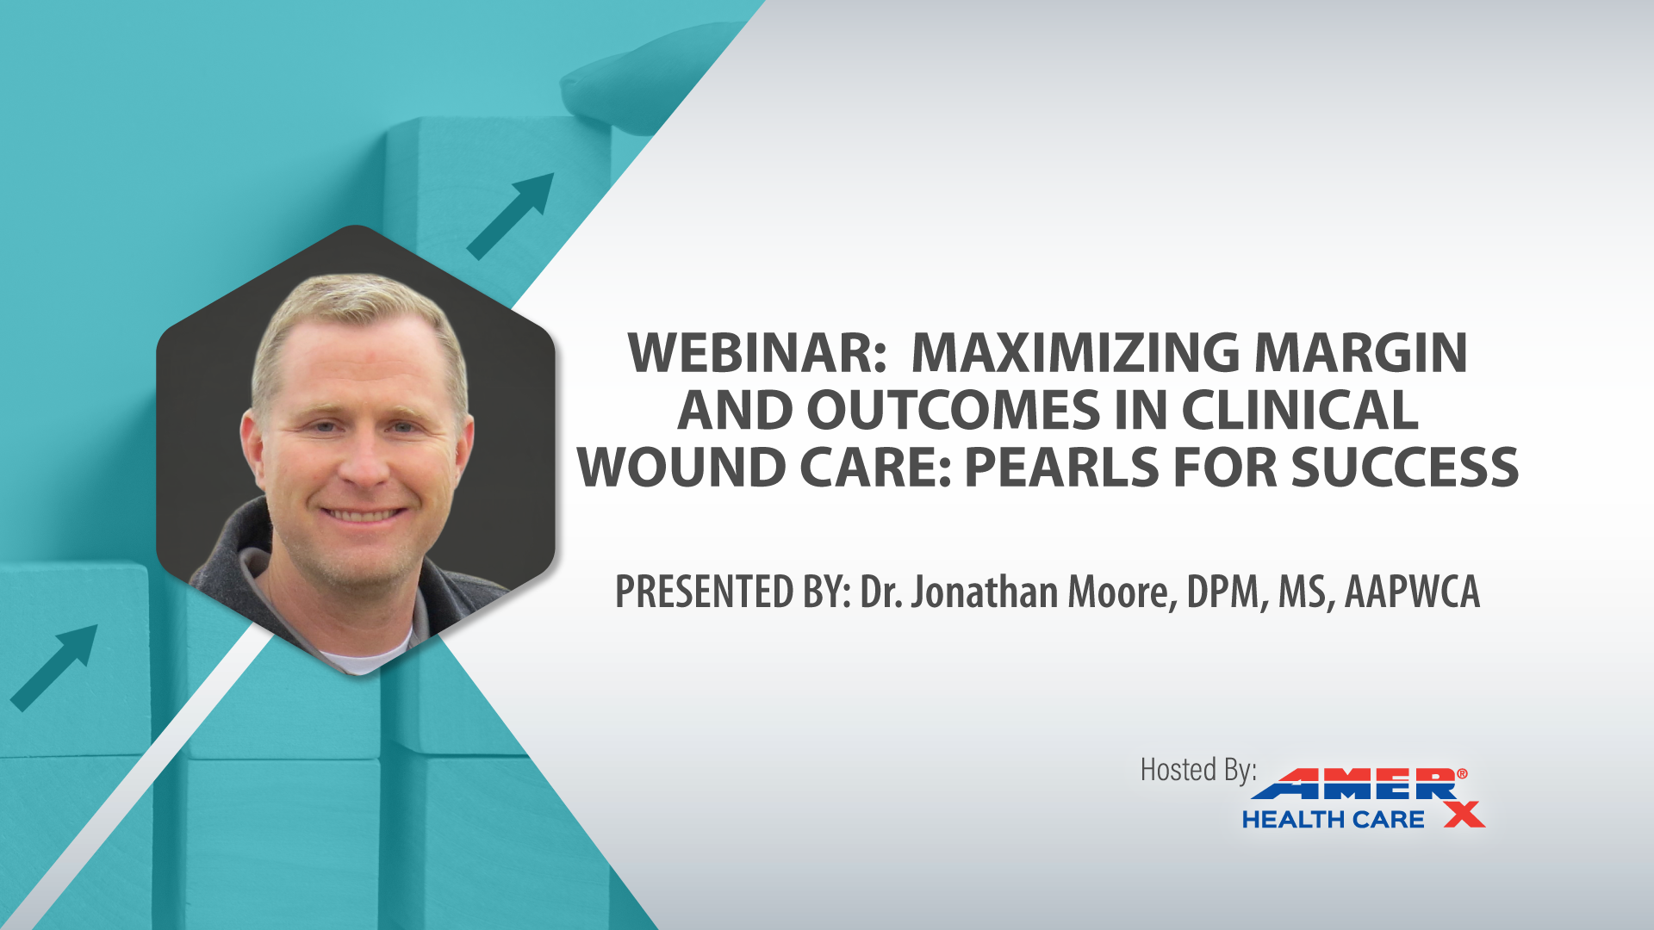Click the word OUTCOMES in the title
pos(954,410)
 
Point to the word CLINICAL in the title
pos(1300,410)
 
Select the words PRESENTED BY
pos(733,592)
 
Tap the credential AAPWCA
pos(1412,592)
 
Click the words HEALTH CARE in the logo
pos(1333,820)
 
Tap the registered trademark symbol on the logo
pos(1462,774)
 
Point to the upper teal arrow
pos(510,216)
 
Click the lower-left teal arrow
pos(53,668)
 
